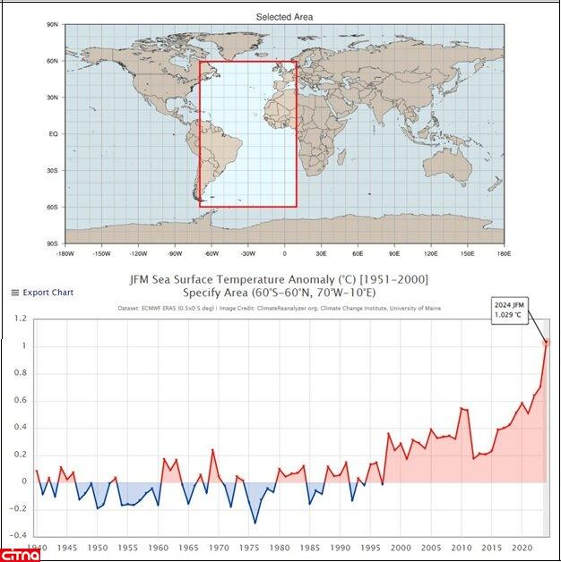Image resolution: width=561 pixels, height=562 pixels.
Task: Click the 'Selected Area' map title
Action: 284,17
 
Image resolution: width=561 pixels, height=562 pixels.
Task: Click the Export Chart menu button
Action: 42,293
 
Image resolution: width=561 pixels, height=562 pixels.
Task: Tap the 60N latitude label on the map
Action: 52,61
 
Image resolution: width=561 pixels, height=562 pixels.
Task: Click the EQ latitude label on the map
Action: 53,134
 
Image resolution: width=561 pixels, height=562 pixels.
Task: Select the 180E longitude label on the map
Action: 504,253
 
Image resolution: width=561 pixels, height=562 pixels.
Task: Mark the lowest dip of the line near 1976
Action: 255,524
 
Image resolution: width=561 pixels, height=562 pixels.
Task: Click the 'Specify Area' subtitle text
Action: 214,293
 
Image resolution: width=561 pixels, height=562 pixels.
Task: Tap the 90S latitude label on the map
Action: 53,243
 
